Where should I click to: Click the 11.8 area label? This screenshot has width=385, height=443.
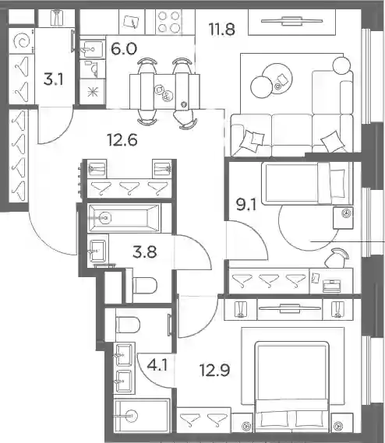[222, 29]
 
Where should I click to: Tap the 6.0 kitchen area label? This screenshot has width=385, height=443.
[124, 49]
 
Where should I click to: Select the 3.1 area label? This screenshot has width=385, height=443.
[54, 79]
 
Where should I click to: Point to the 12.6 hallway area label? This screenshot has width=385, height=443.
[122, 139]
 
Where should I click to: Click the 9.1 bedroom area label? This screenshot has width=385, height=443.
[247, 205]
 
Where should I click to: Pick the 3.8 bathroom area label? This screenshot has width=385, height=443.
[144, 251]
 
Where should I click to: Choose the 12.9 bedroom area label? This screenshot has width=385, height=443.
[214, 370]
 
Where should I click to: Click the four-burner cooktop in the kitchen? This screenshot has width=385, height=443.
[168, 22]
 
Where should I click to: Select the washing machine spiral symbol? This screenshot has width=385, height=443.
[22, 41]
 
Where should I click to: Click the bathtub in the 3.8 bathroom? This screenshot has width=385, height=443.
[124, 218]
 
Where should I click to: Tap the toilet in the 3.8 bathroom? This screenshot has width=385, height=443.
[144, 286]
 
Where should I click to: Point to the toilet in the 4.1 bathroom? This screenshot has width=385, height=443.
[128, 325]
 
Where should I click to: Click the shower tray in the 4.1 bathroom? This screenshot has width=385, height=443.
[142, 416]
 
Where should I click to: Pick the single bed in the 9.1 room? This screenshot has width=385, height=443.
[307, 184]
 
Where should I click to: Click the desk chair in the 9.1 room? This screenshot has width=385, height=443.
[337, 258]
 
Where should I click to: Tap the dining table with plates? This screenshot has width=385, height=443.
[164, 92]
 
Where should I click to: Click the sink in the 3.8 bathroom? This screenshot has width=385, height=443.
[97, 251]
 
